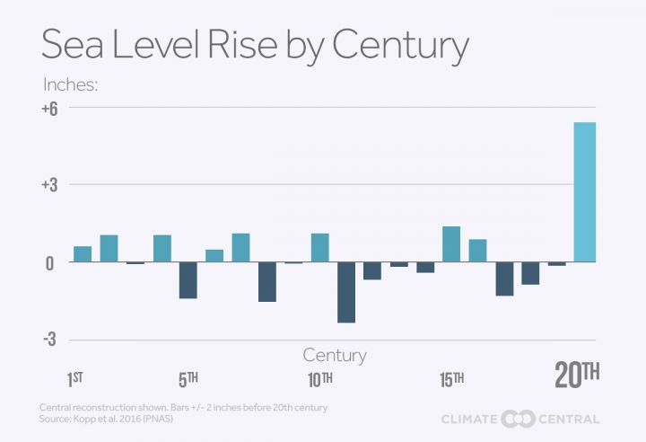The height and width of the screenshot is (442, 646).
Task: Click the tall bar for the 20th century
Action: pos(584,192)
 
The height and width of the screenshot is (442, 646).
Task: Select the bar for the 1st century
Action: pos(83,254)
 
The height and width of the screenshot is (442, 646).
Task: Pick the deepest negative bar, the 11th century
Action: pos(345,292)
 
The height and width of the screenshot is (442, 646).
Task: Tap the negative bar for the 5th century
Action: pos(188,280)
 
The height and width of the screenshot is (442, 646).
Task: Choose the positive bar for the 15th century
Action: pos(451,244)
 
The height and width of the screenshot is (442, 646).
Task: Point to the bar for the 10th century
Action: pos(319,248)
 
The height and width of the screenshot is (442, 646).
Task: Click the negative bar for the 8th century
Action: pos(266,282)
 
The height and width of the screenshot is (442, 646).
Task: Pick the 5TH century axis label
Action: pos(188,378)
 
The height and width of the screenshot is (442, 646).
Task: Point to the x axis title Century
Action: pos(335,355)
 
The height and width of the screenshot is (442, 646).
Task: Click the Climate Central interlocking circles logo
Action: pos(518,418)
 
